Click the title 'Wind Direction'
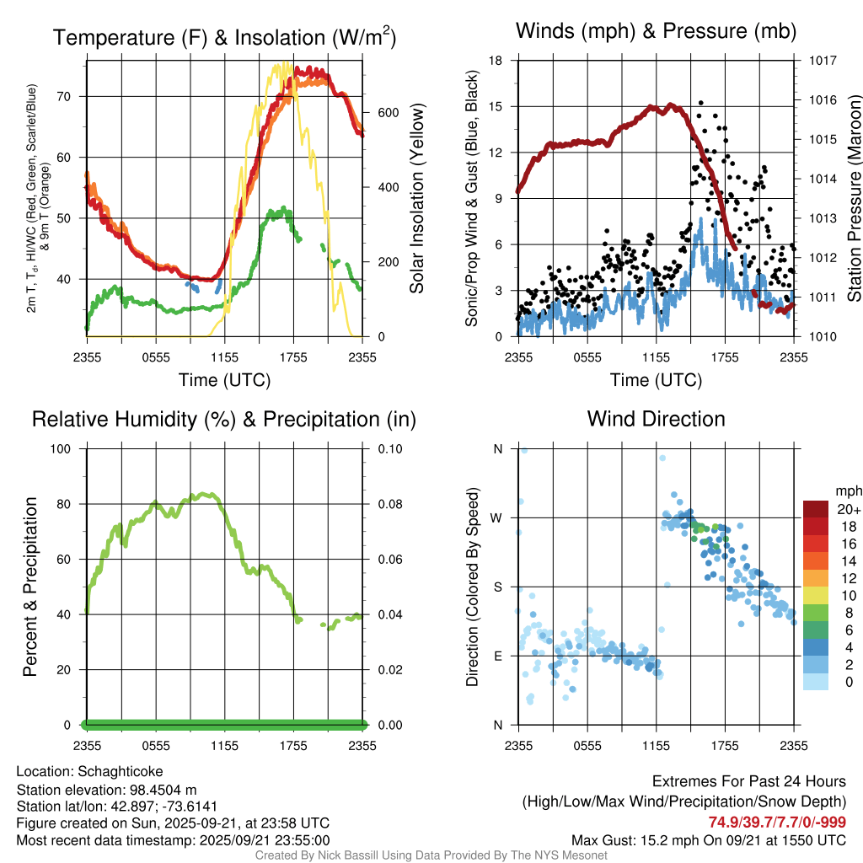656,419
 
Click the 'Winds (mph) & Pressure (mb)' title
656,32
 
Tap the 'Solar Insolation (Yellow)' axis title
417,199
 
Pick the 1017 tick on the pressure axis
823,61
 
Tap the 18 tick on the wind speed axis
496,61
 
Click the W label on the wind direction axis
497,517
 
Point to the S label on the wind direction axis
497,587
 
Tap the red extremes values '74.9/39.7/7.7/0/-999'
776,822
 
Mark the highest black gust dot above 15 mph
700,103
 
